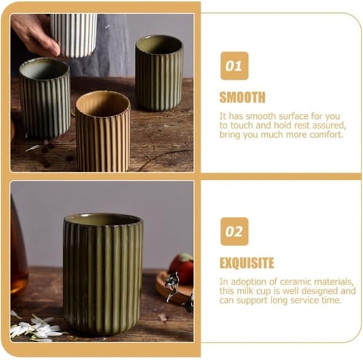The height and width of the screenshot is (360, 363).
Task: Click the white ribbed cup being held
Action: (x=73, y=35)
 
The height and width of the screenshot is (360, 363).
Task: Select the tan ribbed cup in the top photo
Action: (x=103, y=131)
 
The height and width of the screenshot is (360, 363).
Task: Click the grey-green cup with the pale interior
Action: (x=45, y=98)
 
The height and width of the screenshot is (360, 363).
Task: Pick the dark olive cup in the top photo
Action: (x=159, y=73)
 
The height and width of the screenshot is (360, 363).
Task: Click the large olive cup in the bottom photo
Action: (x=103, y=274)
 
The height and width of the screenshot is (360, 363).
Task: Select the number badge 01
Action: (x=234, y=66)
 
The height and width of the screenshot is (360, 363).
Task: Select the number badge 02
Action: (x=234, y=232)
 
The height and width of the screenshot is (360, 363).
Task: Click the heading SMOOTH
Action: (x=242, y=97)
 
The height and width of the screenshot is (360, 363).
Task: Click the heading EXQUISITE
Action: (x=247, y=263)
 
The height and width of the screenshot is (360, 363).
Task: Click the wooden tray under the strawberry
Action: (x=174, y=288)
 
